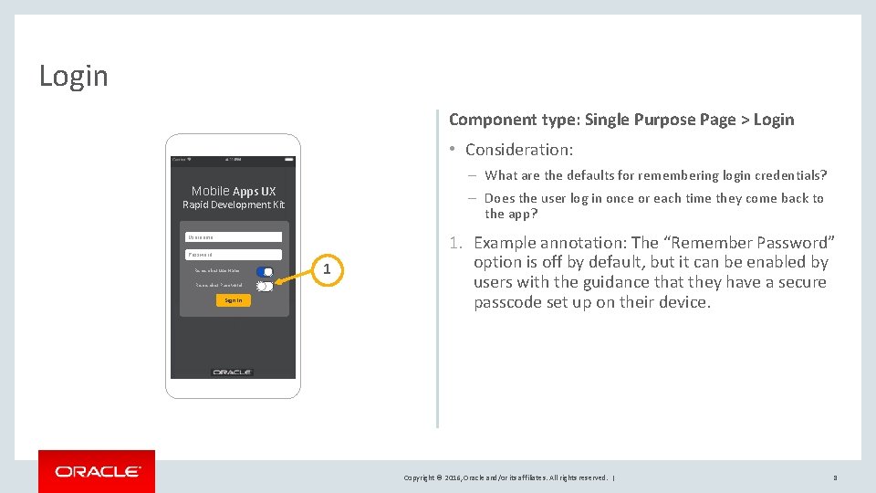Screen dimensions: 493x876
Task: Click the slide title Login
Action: coord(73,76)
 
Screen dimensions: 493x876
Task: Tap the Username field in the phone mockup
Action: coord(234,237)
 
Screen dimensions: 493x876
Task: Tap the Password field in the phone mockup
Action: coord(234,255)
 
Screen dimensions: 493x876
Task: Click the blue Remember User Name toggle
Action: coord(265,271)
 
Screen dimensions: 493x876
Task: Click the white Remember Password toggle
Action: coord(265,286)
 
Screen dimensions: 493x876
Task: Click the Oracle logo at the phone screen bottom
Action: coord(232,372)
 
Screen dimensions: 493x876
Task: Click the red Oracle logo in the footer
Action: coord(97,471)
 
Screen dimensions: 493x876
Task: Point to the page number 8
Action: coord(834,477)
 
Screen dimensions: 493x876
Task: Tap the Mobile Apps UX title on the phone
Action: coord(234,191)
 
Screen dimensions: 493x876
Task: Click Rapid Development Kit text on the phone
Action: coord(234,205)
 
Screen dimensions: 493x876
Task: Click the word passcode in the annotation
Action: coord(507,302)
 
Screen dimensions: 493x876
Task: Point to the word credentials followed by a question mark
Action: coord(792,175)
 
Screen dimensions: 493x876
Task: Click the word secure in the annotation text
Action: coord(801,282)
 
